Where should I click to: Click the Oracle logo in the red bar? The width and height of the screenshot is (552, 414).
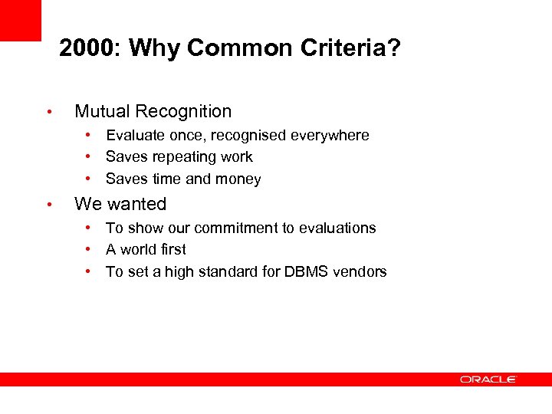pos(488,379)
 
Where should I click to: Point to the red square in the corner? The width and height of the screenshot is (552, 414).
pos(20,20)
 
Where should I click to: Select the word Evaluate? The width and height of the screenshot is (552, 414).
pos(135,136)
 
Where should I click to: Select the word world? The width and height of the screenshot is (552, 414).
pos(138,249)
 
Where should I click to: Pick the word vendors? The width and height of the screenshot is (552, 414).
pos(360,271)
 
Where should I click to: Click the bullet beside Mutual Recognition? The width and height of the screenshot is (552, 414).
pos(48,112)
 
